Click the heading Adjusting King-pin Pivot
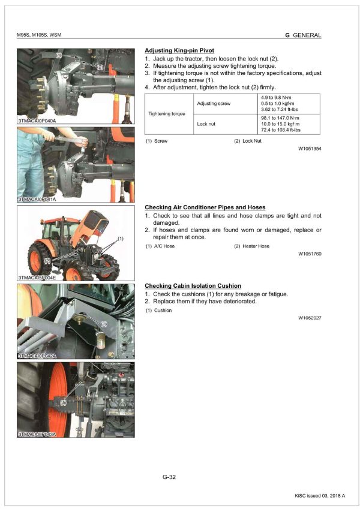179,50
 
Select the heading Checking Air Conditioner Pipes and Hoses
205,207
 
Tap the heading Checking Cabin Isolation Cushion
193,286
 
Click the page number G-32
169,477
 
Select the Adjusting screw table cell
214,104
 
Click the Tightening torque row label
167,114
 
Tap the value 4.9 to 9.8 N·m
277,97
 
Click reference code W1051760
310,254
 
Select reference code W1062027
310,318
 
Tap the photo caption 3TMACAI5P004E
38,278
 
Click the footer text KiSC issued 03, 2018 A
320,496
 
